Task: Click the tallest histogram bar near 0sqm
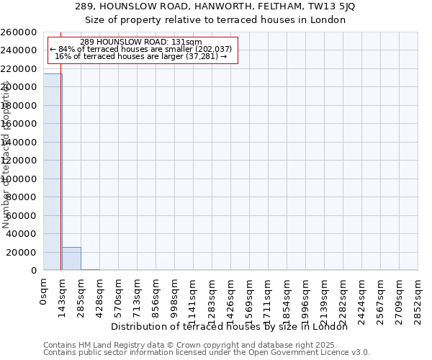click(53, 173)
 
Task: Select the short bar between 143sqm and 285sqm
click(71, 258)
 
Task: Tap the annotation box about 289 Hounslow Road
click(141, 49)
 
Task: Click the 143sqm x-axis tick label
click(63, 295)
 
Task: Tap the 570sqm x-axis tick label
click(119, 295)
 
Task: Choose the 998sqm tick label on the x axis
click(175, 295)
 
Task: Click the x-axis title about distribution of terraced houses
click(230, 327)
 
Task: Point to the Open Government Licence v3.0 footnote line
click(207, 353)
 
